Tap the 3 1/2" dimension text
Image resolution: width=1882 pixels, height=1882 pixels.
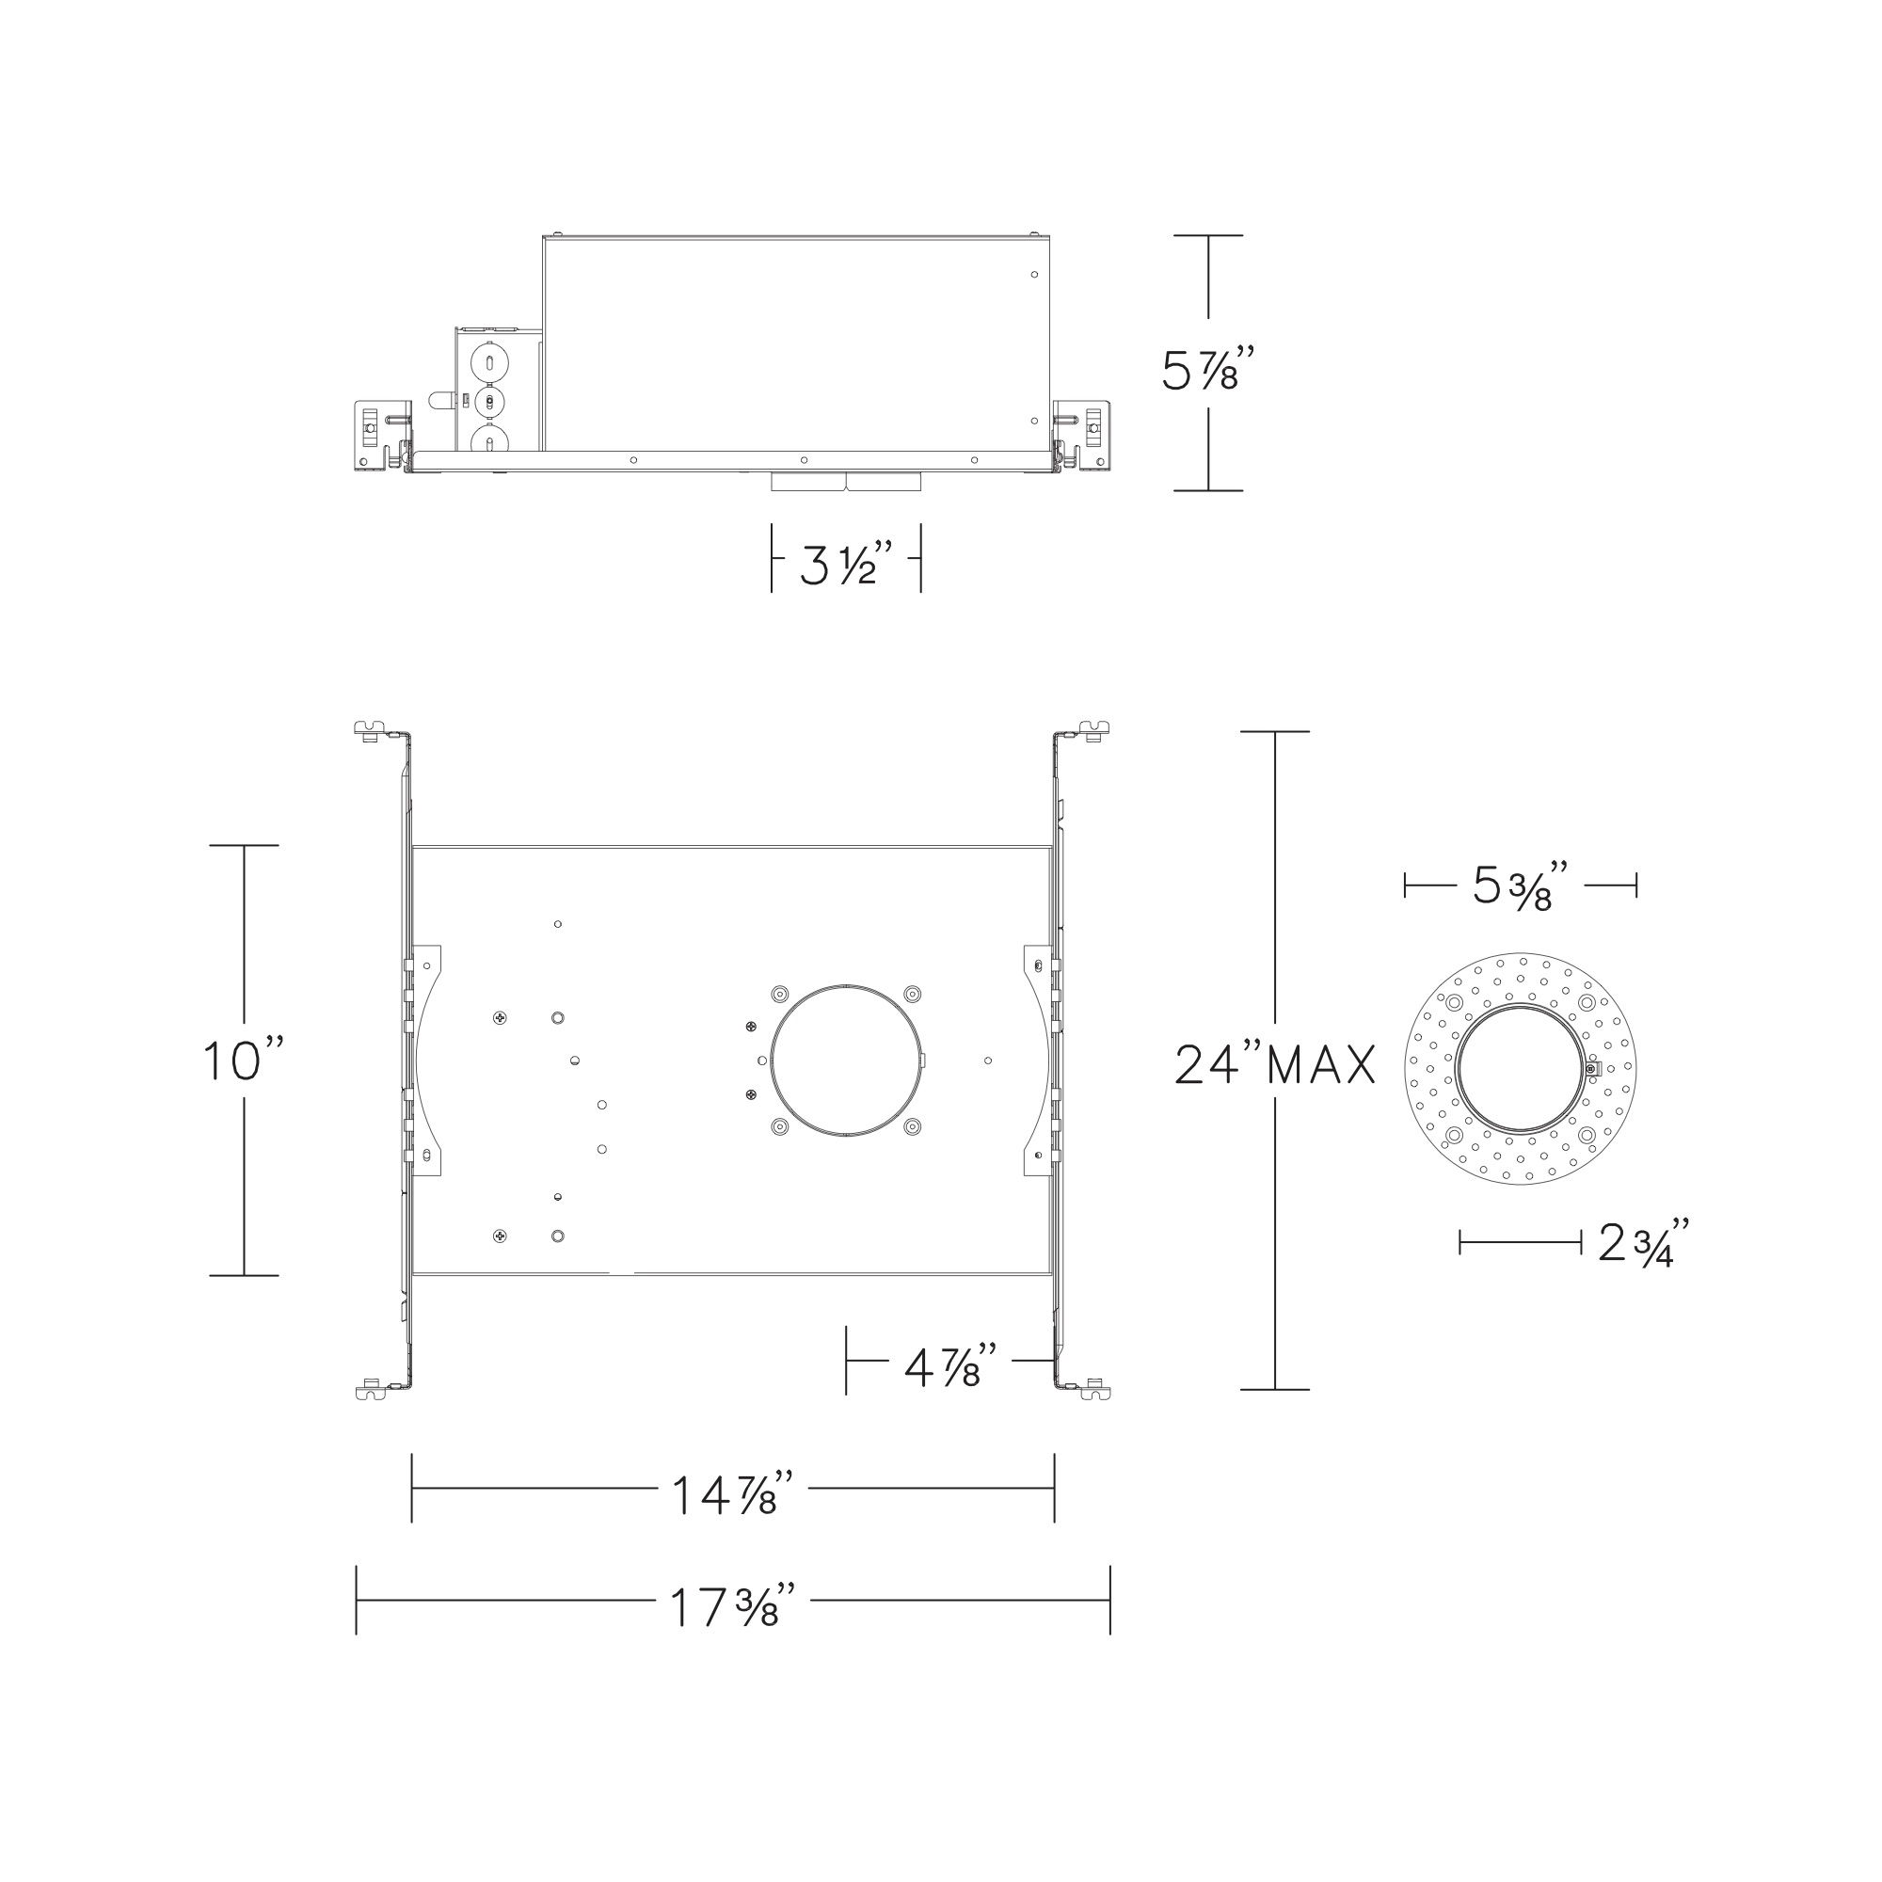coord(846,564)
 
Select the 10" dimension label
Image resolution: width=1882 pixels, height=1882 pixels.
coord(244,1061)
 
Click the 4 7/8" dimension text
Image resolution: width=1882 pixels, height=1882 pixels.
coord(950,1367)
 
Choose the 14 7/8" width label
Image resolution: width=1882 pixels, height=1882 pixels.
coord(732,1493)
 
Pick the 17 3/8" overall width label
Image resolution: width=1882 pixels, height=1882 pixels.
coord(732,1606)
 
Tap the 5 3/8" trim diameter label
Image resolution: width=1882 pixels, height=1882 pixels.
coord(1519,885)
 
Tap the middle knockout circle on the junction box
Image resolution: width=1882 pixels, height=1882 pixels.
coord(486,402)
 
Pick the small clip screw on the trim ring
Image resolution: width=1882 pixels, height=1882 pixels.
coord(1590,1070)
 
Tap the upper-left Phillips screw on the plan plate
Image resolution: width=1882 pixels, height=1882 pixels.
coord(500,1018)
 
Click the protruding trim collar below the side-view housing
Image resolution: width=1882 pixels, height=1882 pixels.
coord(846,482)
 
